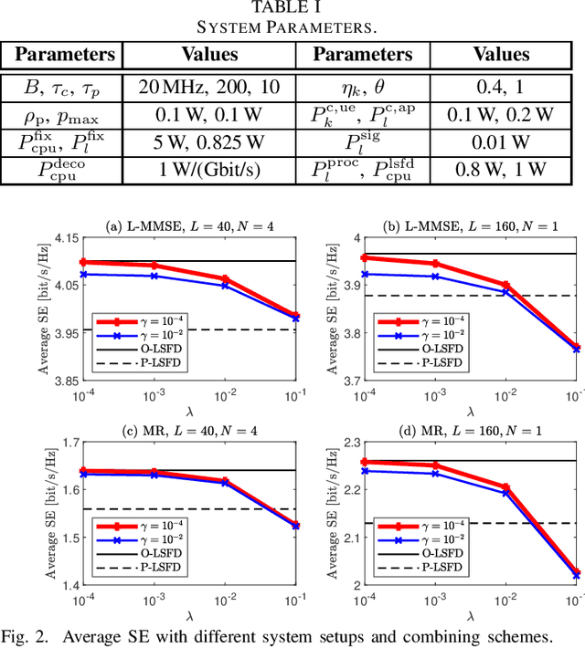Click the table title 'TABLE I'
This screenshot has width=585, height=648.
[x=292, y=8]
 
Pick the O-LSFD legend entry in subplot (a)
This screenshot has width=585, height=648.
[x=149, y=349]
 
